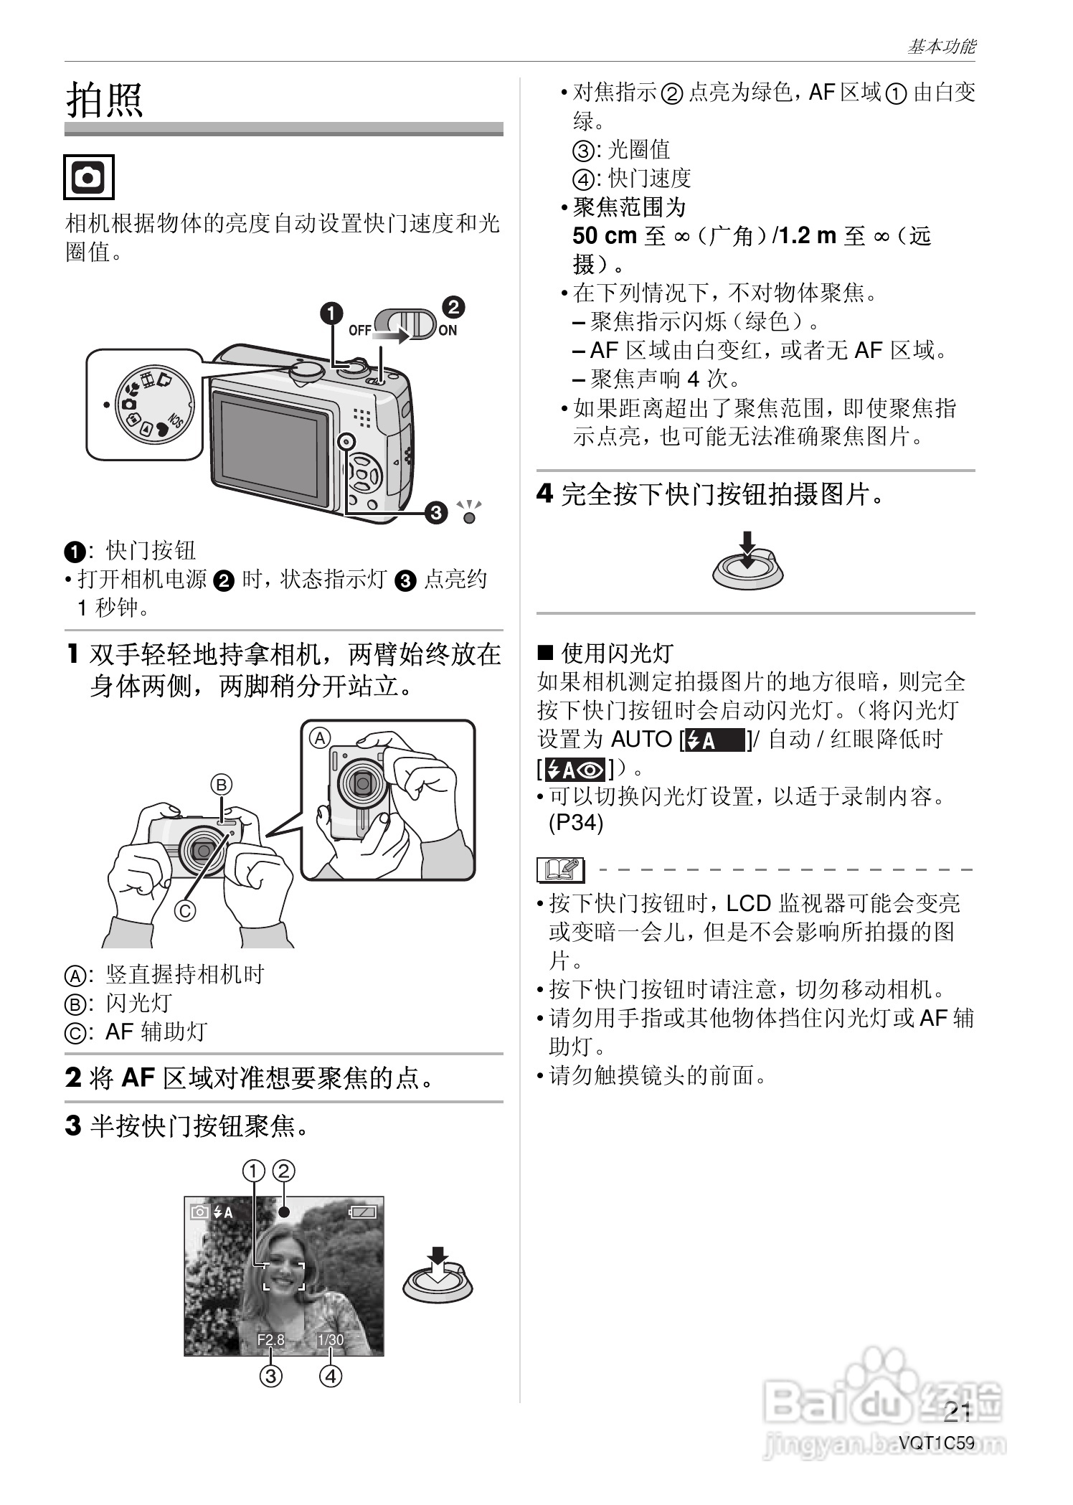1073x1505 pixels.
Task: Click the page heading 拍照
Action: point(105,99)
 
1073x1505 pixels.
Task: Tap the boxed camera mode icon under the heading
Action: point(89,176)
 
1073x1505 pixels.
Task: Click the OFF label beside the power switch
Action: point(360,330)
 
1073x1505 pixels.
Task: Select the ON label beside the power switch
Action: point(448,330)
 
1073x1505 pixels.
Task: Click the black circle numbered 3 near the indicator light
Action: point(435,513)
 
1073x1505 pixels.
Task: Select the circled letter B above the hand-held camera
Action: point(222,783)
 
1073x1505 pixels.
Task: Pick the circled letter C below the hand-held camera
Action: point(185,910)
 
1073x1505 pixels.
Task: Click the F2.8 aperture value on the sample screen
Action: point(271,1339)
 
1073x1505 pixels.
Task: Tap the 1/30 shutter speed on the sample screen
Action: point(330,1339)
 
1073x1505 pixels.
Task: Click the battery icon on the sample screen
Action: point(363,1212)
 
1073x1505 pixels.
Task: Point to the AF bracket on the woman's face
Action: point(283,1276)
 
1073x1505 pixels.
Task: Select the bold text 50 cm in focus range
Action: point(605,236)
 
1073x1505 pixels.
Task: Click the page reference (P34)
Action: point(575,823)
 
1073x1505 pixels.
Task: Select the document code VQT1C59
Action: point(937,1442)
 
